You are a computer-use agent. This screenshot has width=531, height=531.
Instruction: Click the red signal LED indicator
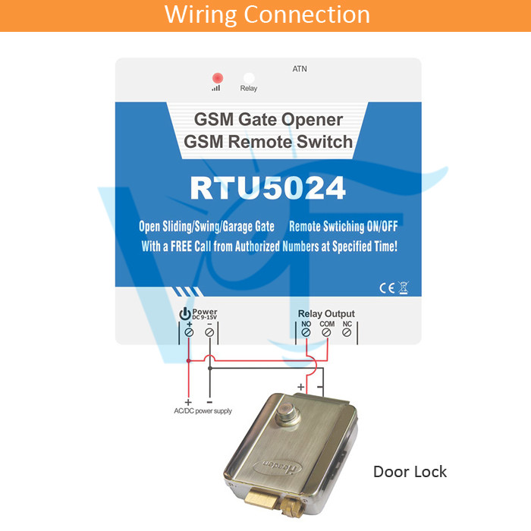point(218,78)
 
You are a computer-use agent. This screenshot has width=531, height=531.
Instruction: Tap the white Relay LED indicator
point(249,77)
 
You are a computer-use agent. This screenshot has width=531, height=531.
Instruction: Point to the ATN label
point(300,69)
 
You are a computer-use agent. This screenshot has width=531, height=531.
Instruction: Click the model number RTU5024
point(268,188)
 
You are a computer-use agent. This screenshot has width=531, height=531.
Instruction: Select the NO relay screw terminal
point(306,332)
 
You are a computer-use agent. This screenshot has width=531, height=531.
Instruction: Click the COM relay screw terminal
point(326,332)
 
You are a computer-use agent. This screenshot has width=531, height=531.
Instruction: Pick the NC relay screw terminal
point(347,332)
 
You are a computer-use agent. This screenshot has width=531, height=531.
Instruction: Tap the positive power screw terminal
point(190,332)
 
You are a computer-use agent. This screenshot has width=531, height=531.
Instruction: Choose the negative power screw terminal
point(209,332)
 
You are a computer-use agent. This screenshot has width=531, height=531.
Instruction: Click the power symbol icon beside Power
point(185,313)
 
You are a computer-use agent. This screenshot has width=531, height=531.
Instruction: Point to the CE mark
point(387,287)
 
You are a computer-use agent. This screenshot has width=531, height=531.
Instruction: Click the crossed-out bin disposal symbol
point(404,287)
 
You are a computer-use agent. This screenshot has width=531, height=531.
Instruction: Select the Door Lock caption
point(410,472)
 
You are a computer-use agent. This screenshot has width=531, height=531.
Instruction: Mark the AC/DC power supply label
point(203,411)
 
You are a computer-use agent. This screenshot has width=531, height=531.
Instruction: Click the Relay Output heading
point(326,313)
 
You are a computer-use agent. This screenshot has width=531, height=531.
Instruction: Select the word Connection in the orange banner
point(306,14)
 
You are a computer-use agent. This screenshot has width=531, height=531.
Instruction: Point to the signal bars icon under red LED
point(216,88)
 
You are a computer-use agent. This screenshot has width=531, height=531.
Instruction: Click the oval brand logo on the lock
point(278,468)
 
